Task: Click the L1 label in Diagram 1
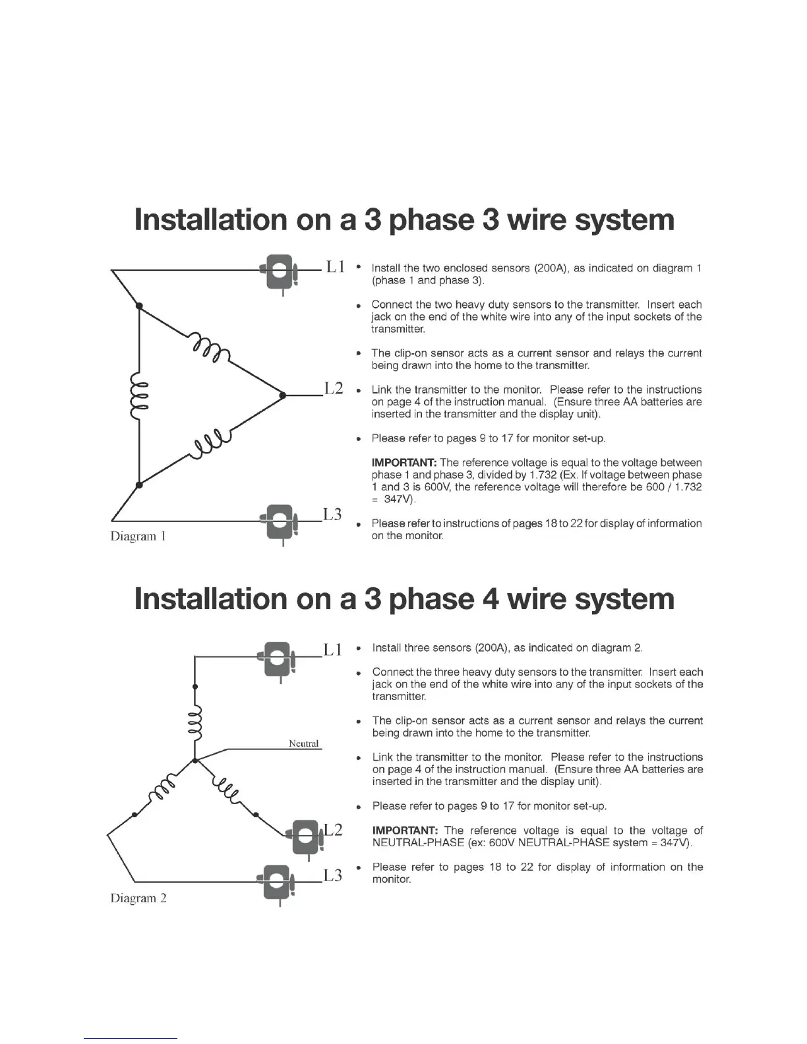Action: pos(336,267)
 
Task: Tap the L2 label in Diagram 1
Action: pos(334,388)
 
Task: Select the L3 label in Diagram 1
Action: pos(332,515)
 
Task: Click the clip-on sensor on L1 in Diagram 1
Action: pos(280,272)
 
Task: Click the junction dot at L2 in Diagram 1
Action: pos(283,395)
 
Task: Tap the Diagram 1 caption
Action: pos(138,536)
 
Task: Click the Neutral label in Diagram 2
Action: pos(304,743)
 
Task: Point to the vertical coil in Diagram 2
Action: pos(195,724)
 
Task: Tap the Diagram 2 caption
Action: pos(138,898)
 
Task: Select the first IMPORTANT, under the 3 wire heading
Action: pos(404,463)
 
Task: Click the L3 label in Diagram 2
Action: pos(333,875)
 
